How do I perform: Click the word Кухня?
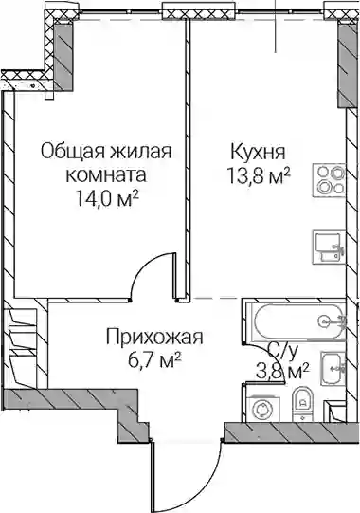(258, 152)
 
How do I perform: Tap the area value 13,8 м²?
(259, 177)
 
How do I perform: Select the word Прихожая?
(154, 338)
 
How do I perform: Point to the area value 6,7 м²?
(154, 361)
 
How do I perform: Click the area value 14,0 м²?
(108, 198)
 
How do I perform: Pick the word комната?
(106, 176)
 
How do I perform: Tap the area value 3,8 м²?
(282, 372)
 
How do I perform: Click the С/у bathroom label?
(283, 352)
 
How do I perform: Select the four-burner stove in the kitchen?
(329, 180)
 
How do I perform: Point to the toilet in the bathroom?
(302, 404)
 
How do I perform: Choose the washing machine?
(262, 409)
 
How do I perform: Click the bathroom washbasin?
(333, 368)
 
